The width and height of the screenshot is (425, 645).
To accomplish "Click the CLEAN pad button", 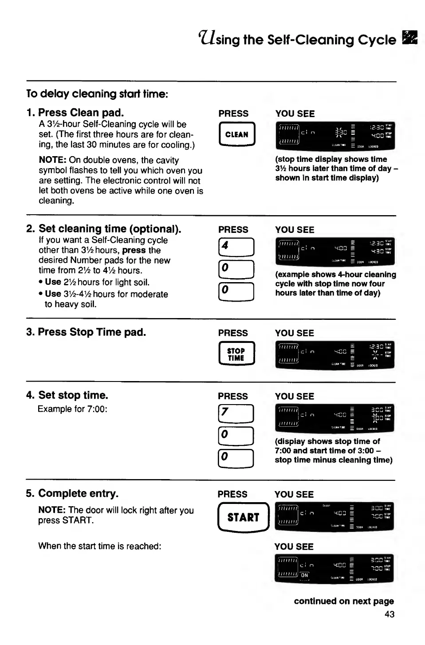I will coord(237,134).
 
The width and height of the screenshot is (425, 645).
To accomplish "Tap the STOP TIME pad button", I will coord(236,354).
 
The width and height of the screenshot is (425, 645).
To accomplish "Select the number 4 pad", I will coord(236,247).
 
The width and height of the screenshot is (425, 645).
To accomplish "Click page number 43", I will coord(390,614).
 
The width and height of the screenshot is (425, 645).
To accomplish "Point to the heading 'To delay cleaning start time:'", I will coord(97,94).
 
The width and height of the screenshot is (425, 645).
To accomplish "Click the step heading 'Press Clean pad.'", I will coord(81,113).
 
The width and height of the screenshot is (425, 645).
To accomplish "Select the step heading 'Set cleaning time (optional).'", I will coord(110,229).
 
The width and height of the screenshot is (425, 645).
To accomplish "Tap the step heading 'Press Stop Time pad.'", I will coord(91,332).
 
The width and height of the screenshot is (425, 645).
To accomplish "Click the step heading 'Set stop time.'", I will coord(73,395).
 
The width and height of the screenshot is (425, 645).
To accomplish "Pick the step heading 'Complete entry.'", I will coord(78,494).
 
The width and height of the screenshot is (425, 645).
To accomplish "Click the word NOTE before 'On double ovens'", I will coord(52,160).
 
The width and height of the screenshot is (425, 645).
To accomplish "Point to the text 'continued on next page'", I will coord(344,602).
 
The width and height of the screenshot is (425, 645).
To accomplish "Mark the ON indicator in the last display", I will coord(304,575).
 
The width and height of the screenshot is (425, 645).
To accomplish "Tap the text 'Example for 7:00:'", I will coord(72,409).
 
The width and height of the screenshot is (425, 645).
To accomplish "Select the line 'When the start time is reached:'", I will coord(99,546).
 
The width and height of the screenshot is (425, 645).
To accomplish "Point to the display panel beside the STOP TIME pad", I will coord(334,355).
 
